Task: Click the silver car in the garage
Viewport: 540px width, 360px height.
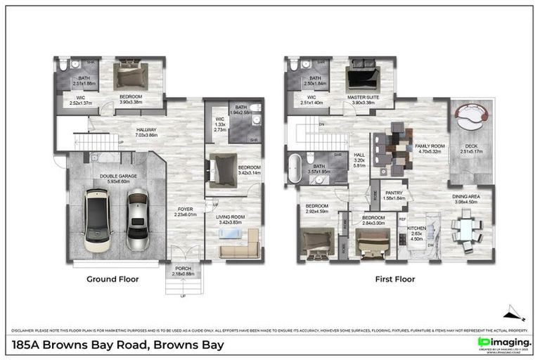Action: [137, 221]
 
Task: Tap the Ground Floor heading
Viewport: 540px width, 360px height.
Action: [112, 279]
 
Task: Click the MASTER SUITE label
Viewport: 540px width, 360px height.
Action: [364, 98]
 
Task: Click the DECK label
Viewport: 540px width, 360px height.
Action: [468, 146]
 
